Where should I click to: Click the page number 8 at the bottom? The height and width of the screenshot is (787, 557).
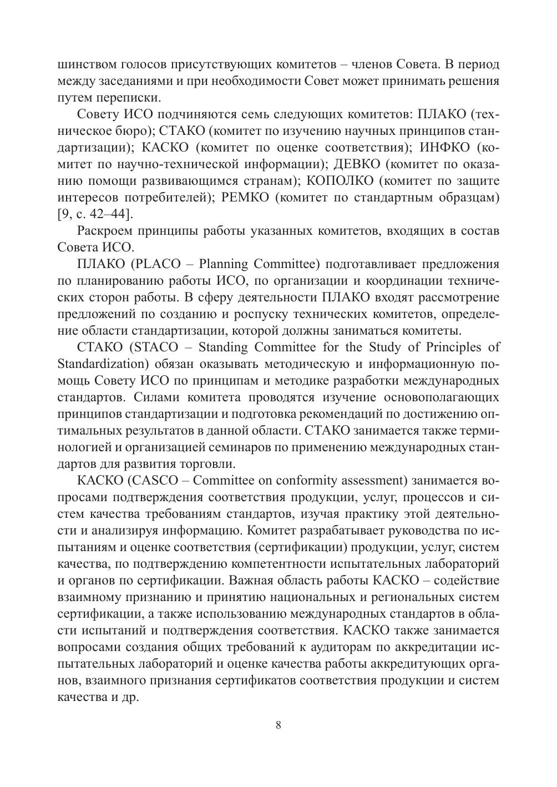(278, 726)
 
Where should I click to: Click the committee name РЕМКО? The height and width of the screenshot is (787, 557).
(245, 197)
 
